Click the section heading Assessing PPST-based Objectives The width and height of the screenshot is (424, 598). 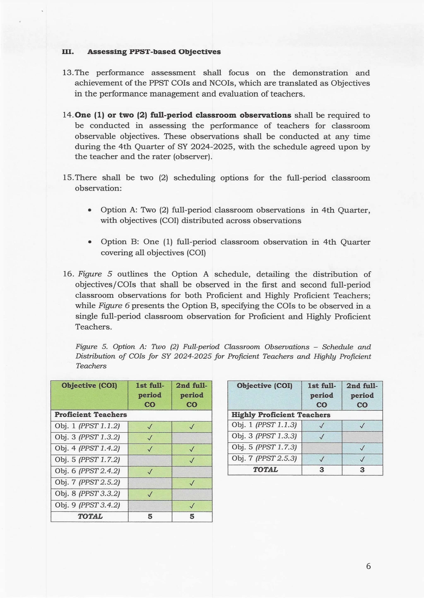(154, 52)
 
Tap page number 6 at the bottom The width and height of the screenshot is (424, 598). (368, 566)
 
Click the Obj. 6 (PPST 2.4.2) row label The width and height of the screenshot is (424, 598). (87, 471)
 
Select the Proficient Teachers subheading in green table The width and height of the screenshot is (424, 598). (91, 414)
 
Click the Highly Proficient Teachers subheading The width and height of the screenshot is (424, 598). (281, 415)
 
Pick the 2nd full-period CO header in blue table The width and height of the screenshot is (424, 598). (362, 395)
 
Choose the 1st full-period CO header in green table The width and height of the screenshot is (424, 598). (150, 395)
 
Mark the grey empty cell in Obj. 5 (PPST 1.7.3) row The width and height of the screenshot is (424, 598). (322, 448)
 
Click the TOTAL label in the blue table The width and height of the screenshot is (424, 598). (265, 470)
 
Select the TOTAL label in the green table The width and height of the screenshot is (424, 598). (90, 516)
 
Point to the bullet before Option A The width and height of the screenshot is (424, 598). (90, 210)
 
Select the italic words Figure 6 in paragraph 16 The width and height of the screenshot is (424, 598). (114, 306)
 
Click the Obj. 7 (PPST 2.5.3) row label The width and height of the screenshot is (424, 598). (264, 458)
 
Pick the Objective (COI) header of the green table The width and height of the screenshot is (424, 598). (89, 386)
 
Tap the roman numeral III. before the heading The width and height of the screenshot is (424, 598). (68, 52)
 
